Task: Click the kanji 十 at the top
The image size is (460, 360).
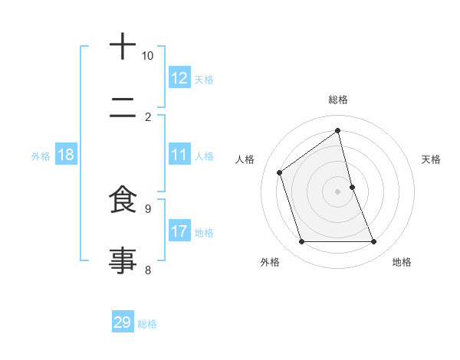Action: (123, 48)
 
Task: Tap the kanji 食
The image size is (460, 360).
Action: (123, 201)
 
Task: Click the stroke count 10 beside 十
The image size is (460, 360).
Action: (148, 56)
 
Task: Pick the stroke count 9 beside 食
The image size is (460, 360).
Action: (148, 208)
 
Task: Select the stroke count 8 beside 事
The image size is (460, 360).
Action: (148, 269)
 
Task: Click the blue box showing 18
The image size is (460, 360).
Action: (66, 155)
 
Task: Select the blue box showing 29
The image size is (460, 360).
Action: (123, 322)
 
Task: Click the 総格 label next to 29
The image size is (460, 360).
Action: (147, 324)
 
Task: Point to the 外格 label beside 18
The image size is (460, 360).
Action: (41, 156)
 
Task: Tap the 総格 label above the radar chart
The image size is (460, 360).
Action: (338, 100)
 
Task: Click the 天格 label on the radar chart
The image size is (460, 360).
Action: (431, 159)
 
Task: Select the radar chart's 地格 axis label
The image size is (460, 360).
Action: (402, 262)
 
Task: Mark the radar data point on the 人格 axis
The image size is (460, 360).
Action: (280, 172)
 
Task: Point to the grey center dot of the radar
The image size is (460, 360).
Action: (338, 191)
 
